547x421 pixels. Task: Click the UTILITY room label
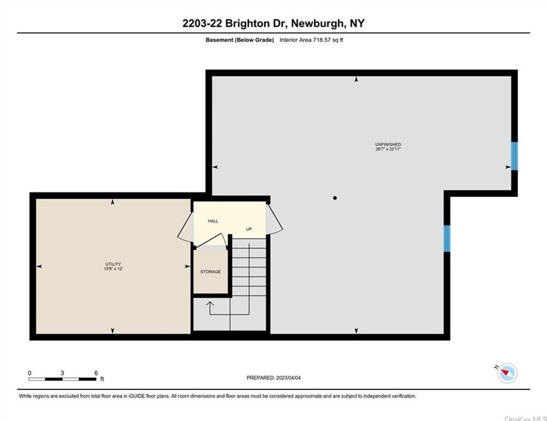(113, 264)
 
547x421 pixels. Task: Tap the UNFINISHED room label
(388, 144)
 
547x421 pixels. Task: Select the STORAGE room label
(210, 272)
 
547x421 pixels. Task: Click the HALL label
(213, 221)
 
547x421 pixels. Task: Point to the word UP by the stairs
(250, 228)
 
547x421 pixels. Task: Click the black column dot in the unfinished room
(335, 198)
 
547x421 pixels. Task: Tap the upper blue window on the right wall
(514, 156)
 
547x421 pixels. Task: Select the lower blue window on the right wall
(446, 238)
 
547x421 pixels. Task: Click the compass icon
(507, 373)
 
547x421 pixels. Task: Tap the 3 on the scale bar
(63, 373)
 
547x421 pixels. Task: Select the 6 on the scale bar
(96, 373)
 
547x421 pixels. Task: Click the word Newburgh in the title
(314, 23)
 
